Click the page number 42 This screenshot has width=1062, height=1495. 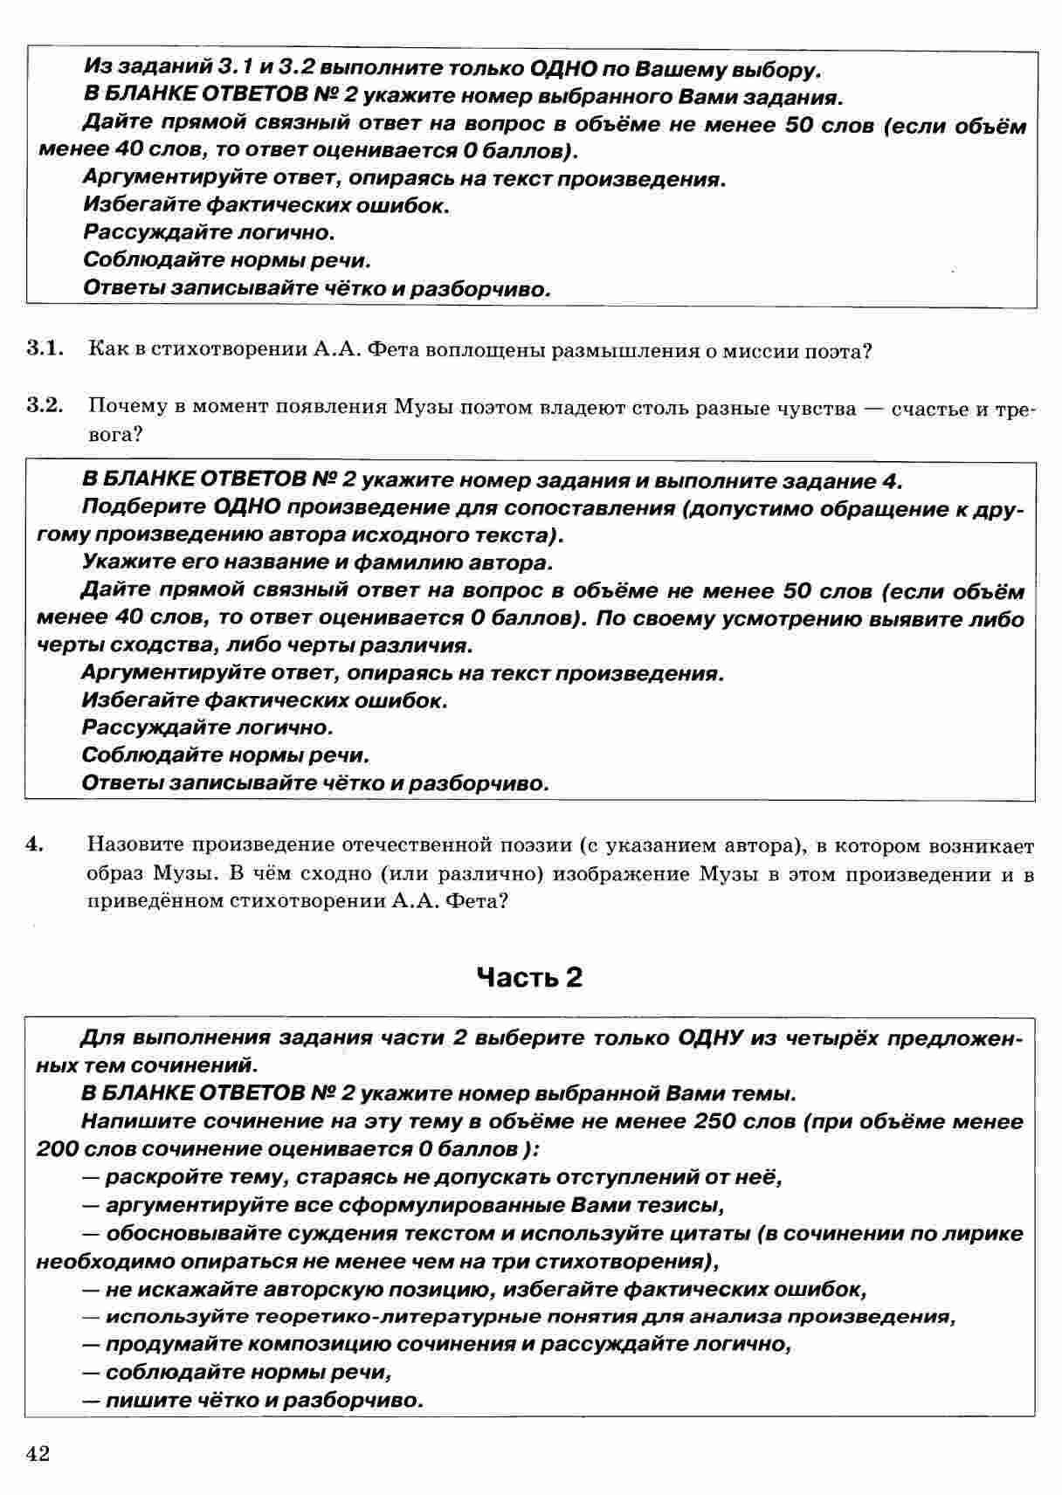coord(38,1454)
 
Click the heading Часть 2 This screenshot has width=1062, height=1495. coord(529,977)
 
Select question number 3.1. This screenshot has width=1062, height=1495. coord(45,350)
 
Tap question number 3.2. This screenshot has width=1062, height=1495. coord(45,405)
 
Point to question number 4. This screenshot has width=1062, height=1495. coord(34,844)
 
